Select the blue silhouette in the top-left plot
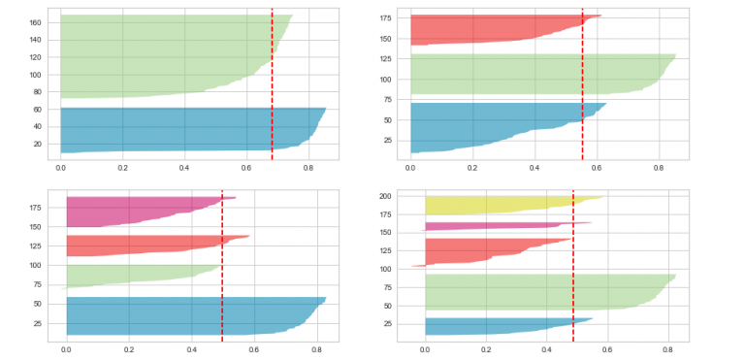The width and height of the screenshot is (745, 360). (x=175, y=130)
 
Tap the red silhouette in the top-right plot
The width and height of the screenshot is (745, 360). (x=475, y=29)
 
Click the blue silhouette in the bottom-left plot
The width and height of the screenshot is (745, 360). (x=175, y=314)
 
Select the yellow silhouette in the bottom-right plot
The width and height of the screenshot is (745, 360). (x=485, y=205)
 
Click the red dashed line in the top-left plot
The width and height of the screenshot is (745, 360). (x=272, y=87)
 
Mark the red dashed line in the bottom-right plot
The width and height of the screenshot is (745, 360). (x=573, y=281)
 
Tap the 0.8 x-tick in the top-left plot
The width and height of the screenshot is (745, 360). (x=308, y=168)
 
